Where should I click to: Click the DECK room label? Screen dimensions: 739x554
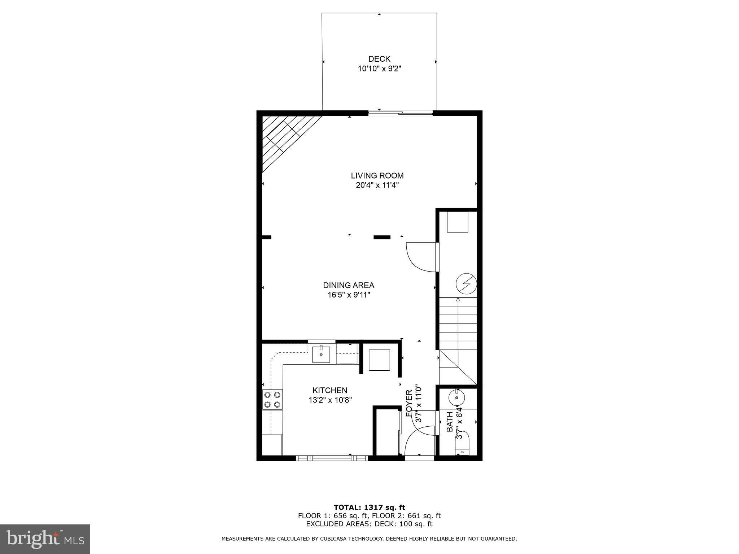click(379, 59)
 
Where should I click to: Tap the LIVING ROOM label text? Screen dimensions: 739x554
click(377, 176)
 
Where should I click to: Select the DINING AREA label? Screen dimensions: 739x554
click(349, 285)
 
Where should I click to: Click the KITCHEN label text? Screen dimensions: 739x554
click(330, 390)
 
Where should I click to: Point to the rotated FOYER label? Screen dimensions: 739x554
click(409, 403)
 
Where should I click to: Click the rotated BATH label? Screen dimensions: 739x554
click(450, 422)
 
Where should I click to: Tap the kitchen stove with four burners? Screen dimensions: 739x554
click(272, 399)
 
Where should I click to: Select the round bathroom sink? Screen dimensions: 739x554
click(457, 397)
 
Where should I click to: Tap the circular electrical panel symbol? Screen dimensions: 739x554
click(466, 284)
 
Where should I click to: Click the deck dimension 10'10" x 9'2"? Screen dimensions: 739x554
click(380, 69)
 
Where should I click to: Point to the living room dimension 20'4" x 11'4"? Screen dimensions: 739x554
click(377, 185)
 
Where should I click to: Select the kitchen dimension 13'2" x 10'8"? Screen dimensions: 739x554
click(330, 400)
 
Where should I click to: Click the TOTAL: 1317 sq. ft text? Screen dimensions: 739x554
click(369, 508)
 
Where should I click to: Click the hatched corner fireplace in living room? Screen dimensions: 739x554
click(285, 139)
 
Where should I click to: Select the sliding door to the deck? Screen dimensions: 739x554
click(401, 113)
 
